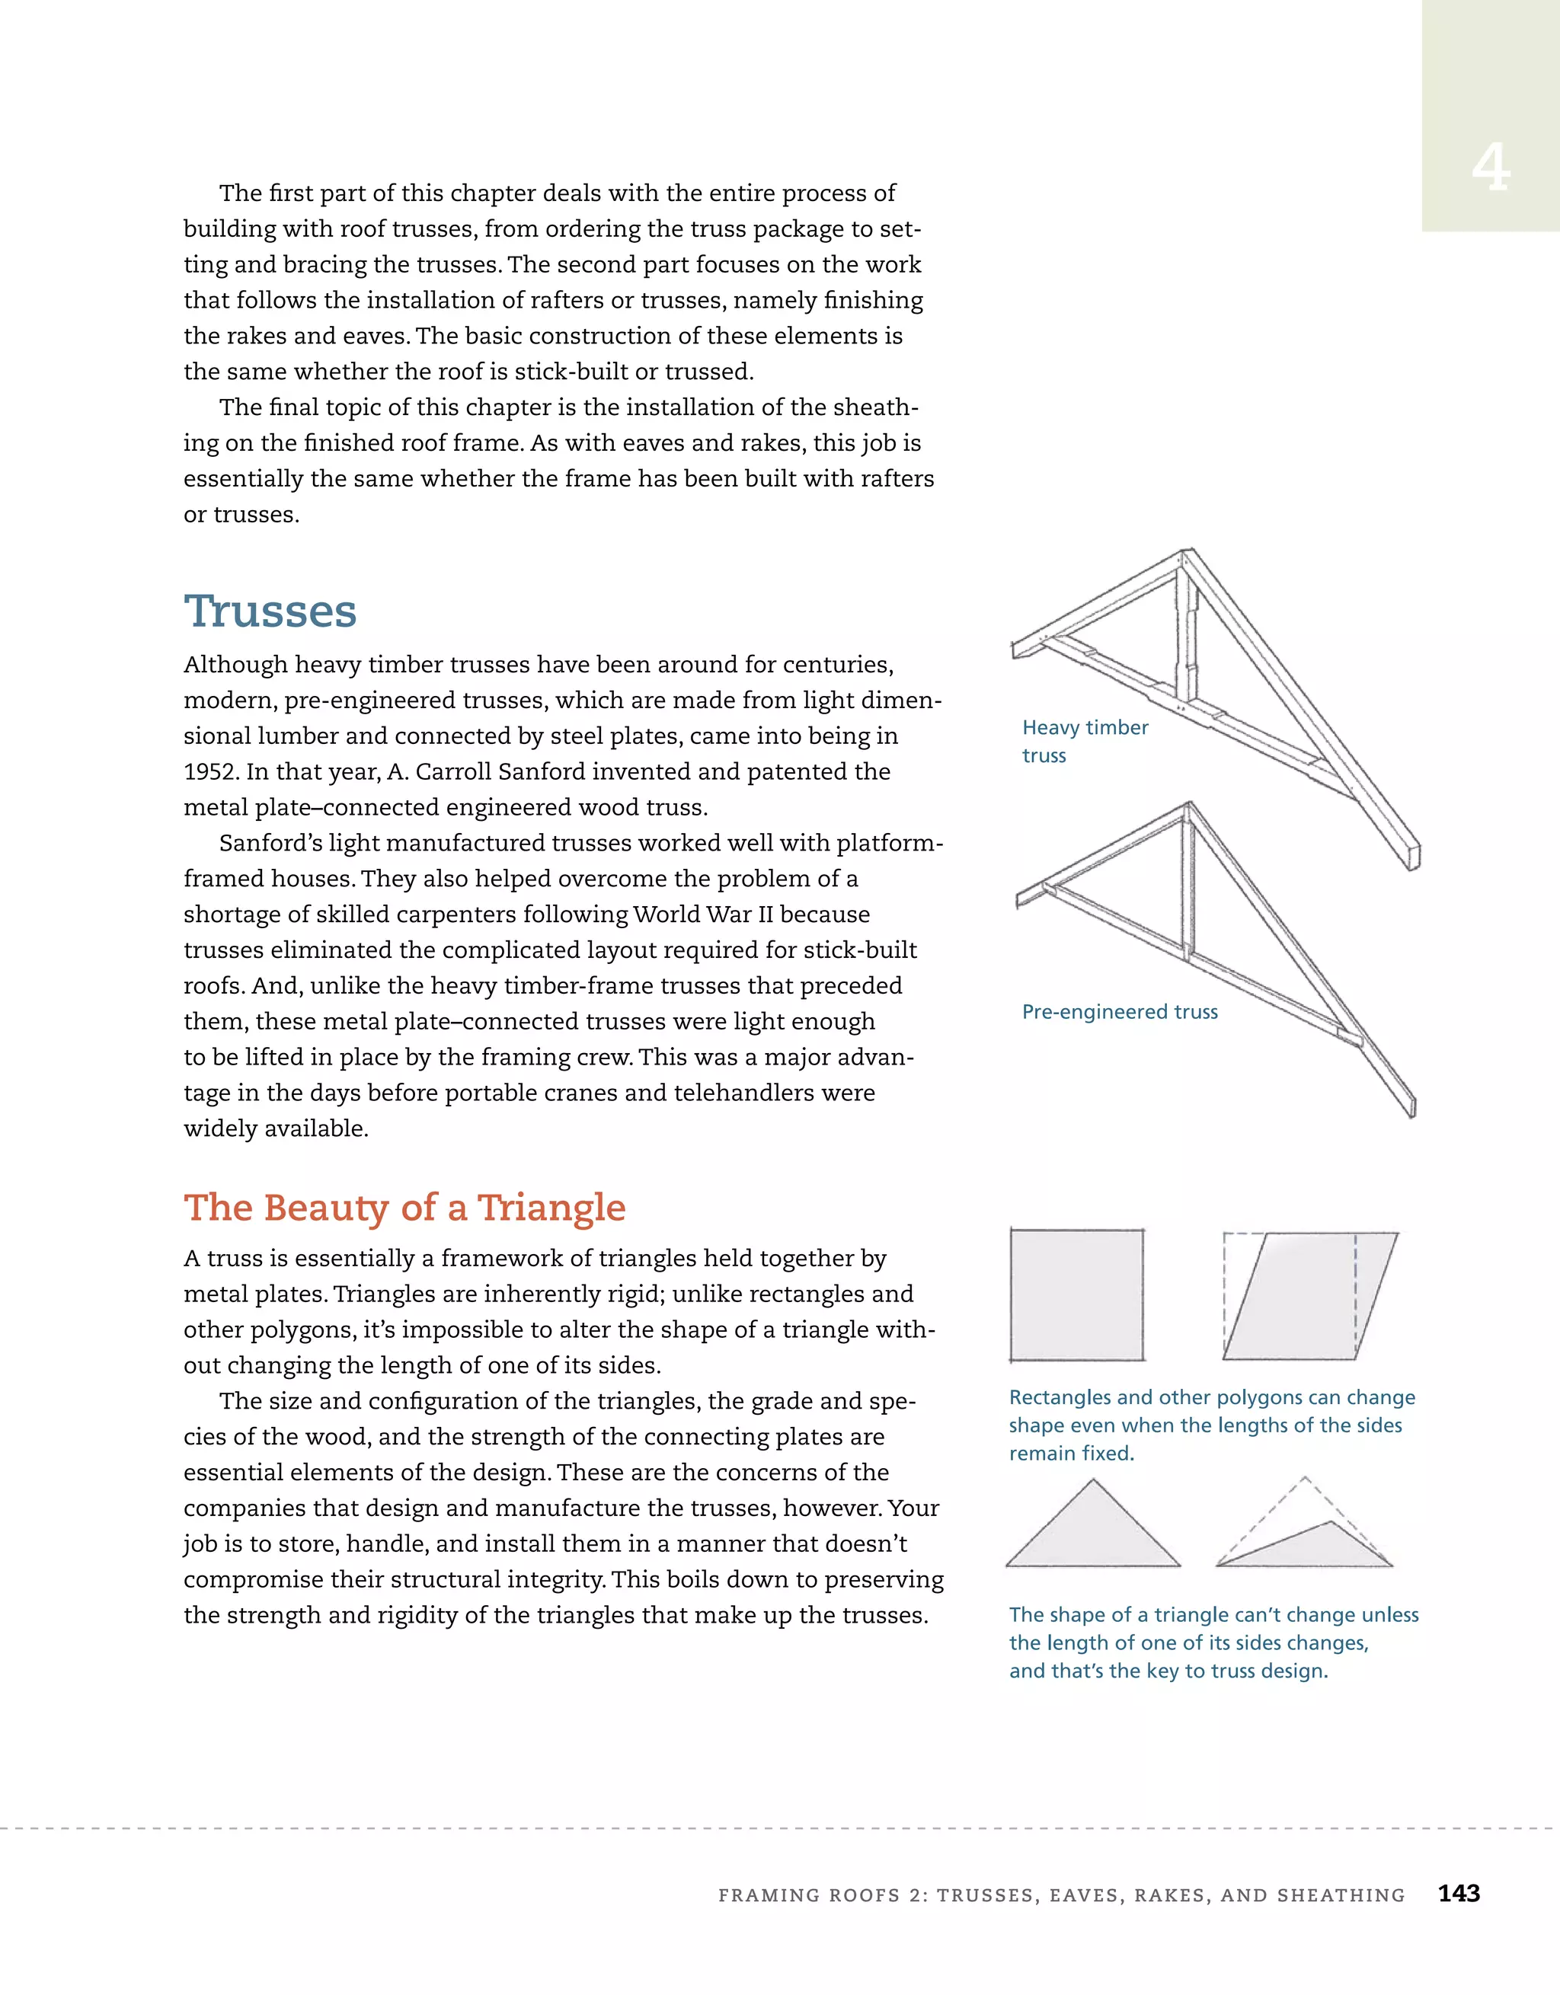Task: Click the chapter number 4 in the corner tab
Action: (x=1491, y=169)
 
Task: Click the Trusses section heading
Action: (x=270, y=611)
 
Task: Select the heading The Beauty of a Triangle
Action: (x=404, y=1208)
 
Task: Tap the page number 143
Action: (x=1459, y=1894)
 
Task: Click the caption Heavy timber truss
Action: (x=1084, y=741)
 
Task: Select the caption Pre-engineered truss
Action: (x=1120, y=1011)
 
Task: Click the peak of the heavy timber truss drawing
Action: (x=1185, y=554)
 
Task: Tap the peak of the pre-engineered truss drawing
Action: (x=1188, y=806)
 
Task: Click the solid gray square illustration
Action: (x=1076, y=1295)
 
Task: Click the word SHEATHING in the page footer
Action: (x=1341, y=1895)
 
